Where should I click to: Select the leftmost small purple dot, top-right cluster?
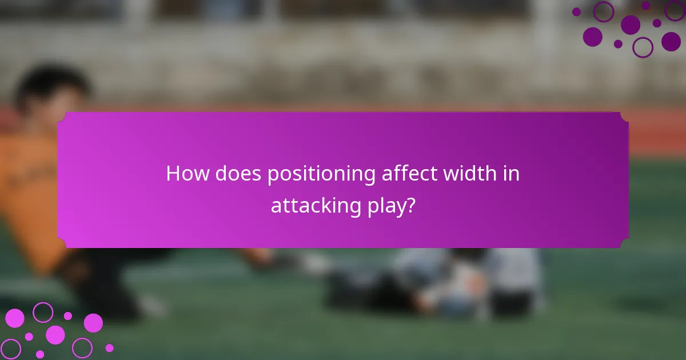pos(576,11)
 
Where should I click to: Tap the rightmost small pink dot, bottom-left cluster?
pos(109,347)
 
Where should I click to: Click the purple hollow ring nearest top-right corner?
pos(675,10)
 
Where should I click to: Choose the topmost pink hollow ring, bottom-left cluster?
pos(43,312)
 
